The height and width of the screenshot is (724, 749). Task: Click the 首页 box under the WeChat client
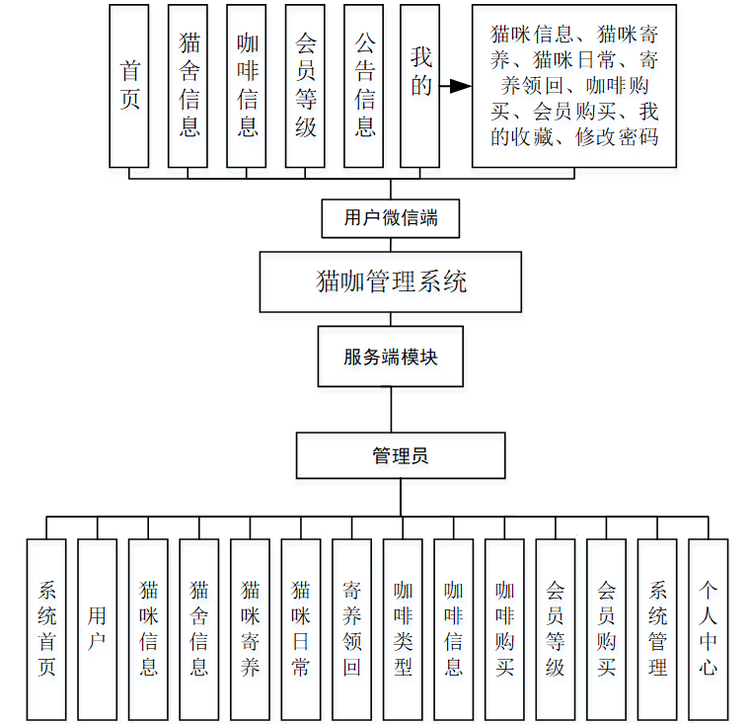pyautogui.click(x=129, y=86)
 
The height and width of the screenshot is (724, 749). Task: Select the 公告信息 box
pyautogui.click(x=364, y=86)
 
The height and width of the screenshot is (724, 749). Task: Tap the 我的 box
pyautogui.click(x=420, y=86)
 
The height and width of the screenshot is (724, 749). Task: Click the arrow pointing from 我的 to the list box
pyautogui.click(x=455, y=87)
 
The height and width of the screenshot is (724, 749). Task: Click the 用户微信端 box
pyautogui.click(x=391, y=218)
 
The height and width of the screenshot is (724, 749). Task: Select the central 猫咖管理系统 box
pyautogui.click(x=391, y=282)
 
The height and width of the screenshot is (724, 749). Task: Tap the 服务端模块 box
pyautogui.click(x=390, y=357)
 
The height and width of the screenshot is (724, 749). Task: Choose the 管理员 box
pyautogui.click(x=400, y=455)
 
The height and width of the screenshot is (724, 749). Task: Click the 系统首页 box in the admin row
pyautogui.click(x=46, y=629)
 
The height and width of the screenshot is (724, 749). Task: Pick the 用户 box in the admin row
pyautogui.click(x=98, y=629)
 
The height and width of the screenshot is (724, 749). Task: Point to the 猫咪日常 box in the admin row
pyautogui.click(x=301, y=629)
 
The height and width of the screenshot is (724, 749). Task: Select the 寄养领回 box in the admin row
pyautogui.click(x=351, y=629)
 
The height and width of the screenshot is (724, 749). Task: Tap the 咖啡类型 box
pyautogui.click(x=403, y=629)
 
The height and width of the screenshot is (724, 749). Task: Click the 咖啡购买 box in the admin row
pyautogui.click(x=504, y=629)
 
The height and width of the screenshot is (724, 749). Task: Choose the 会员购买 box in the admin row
pyautogui.click(x=606, y=629)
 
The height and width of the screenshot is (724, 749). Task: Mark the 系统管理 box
pyautogui.click(x=657, y=629)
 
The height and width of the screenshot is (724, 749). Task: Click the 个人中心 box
pyautogui.click(x=708, y=629)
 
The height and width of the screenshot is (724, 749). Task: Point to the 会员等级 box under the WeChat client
pyautogui.click(x=305, y=86)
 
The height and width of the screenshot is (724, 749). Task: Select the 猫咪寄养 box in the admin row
pyautogui.click(x=250, y=629)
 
